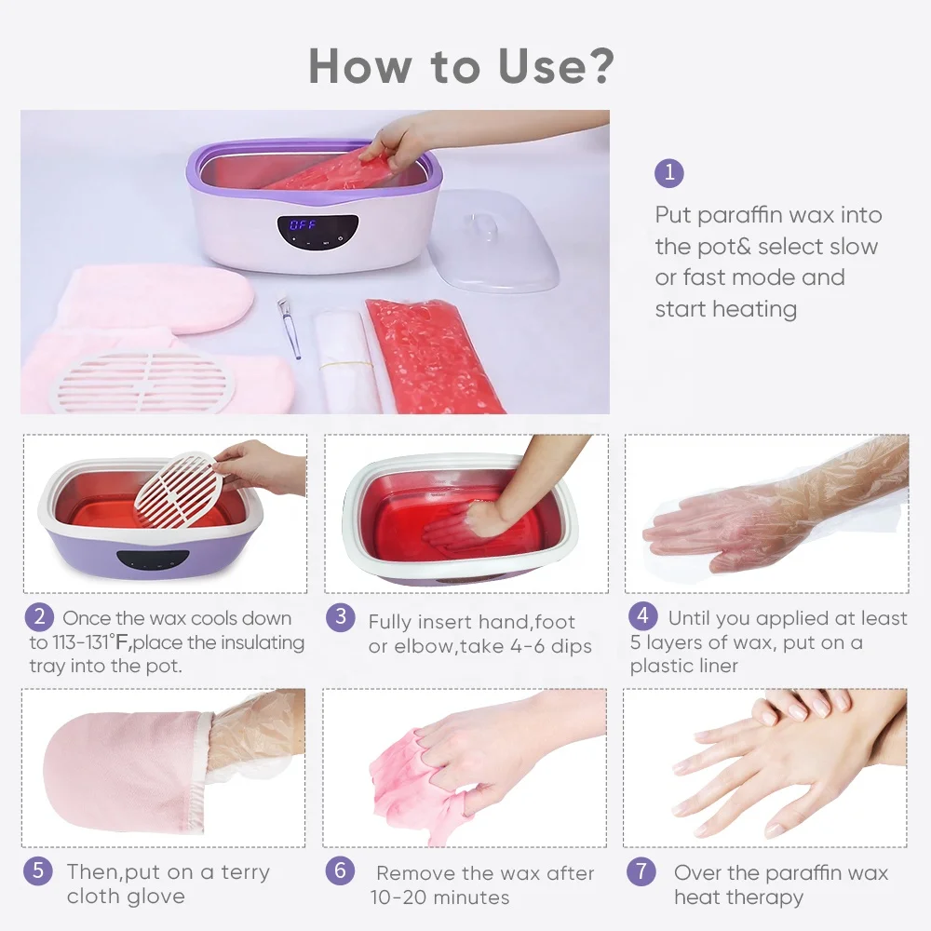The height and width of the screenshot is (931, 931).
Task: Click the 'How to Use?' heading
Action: tap(462, 66)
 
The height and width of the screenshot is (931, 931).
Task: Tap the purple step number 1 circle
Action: tap(668, 173)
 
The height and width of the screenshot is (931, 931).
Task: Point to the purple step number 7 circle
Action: tap(641, 872)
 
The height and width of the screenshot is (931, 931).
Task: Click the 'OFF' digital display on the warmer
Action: tap(304, 225)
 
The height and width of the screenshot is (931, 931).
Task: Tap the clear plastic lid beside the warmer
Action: tap(492, 239)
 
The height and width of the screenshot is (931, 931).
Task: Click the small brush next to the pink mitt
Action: tap(288, 327)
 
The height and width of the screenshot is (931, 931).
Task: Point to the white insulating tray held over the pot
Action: tap(174, 483)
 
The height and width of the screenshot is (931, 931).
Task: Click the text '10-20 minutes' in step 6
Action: tap(439, 897)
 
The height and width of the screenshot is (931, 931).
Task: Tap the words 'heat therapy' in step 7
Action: tap(738, 897)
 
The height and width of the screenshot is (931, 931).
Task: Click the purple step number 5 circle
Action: tap(37, 872)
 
